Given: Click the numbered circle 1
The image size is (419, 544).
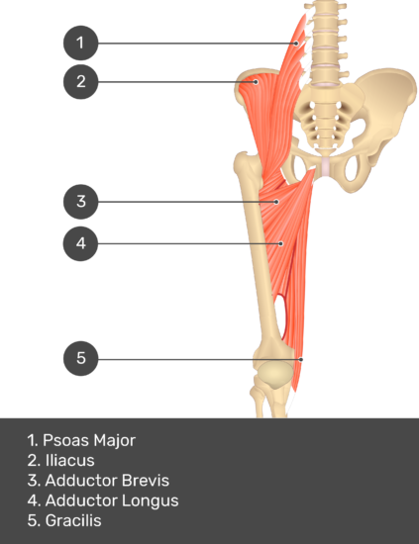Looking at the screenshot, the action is pos(80,43).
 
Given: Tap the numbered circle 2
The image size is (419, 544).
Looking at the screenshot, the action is pos(80,81).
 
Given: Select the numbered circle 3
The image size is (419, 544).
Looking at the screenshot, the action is pos(80,202).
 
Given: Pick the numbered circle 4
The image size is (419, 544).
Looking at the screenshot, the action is pos(80,243).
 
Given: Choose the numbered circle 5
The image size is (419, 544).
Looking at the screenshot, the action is pos(80,358).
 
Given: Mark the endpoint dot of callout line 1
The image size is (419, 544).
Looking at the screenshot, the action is pos(296,44).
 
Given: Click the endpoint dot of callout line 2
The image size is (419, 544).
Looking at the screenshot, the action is pos(256,82).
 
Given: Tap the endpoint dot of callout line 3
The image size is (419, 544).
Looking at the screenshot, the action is pos(276,202).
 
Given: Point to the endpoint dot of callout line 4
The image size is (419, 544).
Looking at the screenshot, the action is pos(281,243).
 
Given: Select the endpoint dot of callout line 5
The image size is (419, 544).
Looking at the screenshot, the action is pos(301,359).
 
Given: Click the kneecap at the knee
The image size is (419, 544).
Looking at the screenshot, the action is pos(274,374).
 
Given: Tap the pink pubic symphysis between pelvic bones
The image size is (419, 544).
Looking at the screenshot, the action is pos(325,166).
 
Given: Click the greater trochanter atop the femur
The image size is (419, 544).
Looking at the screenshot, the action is pos(245,162).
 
